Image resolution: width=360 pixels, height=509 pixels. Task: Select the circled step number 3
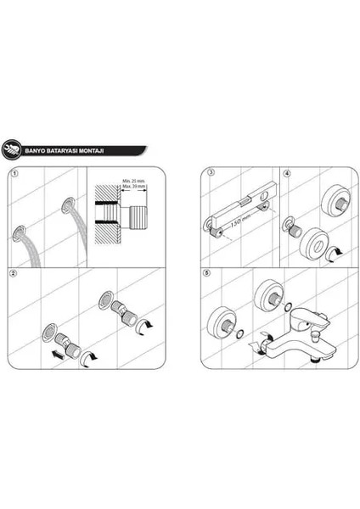[x=210, y=174]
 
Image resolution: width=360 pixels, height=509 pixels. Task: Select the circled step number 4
[x=288, y=174]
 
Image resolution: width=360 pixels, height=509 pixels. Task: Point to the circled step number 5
[x=210, y=274]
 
